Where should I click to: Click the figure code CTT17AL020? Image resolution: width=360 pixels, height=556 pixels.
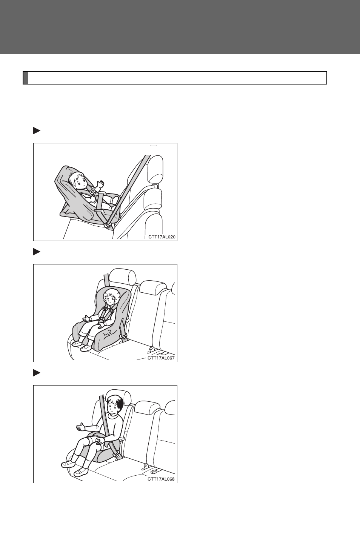162,237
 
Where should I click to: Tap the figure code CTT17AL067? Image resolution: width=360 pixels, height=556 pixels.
161,358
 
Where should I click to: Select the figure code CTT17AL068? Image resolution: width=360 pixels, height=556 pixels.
161,479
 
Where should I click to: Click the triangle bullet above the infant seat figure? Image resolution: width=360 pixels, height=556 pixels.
37,131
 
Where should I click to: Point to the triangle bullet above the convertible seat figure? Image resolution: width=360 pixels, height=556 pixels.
37,252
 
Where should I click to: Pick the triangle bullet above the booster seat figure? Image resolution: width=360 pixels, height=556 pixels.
37,373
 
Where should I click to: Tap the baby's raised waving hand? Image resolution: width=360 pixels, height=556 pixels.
101,184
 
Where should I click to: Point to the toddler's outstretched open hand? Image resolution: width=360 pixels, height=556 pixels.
86,318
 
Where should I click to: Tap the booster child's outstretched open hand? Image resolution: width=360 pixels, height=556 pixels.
80,427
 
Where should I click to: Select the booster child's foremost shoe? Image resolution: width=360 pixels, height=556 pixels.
81,472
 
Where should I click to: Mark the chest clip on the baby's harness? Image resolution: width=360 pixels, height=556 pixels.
93,192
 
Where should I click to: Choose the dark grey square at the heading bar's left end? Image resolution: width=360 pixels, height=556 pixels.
26,78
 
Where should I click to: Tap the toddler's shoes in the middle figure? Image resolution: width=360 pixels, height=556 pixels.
82,346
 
